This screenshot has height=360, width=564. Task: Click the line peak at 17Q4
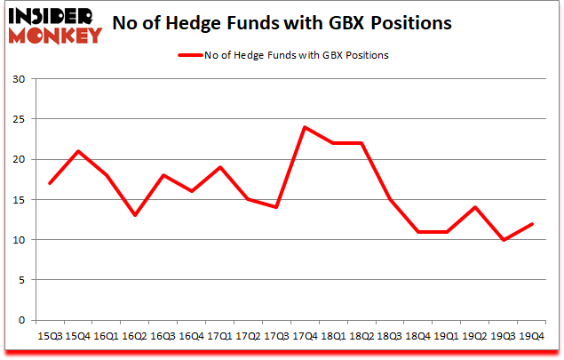coord(304,127)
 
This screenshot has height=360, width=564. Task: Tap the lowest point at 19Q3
coord(503,240)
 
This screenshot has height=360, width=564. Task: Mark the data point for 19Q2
coord(474,207)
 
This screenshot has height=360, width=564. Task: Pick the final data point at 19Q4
coord(531,223)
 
